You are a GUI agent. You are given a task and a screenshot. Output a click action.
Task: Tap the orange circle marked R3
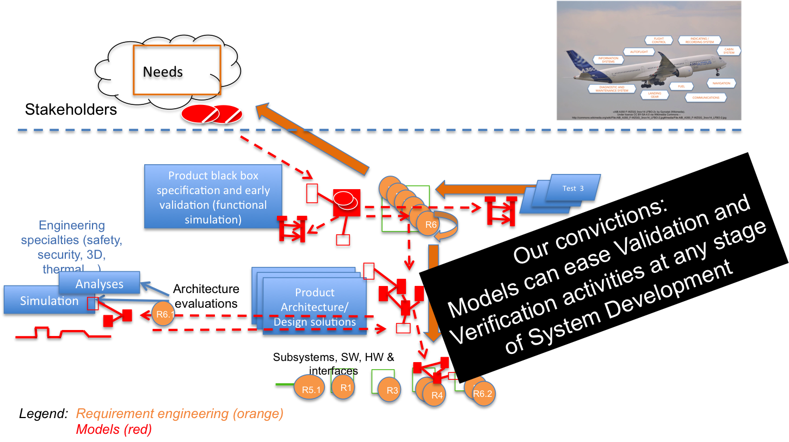[391, 390]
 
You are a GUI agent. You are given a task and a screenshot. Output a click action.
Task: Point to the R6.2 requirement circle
[482, 394]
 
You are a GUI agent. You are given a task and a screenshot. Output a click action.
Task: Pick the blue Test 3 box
[573, 188]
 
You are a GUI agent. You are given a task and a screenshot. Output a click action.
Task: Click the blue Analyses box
[99, 284]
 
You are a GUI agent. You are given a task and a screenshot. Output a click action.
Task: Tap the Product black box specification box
[213, 197]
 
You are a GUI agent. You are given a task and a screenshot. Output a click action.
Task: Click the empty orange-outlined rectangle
[177, 70]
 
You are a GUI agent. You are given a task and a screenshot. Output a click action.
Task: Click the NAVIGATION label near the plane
[721, 83]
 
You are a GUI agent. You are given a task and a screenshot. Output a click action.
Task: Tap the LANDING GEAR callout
[651, 94]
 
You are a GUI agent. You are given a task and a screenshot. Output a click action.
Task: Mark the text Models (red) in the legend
[114, 429]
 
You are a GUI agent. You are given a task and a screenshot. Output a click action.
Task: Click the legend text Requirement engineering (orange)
[180, 414]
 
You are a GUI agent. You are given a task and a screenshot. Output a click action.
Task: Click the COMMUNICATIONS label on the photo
[706, 98]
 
